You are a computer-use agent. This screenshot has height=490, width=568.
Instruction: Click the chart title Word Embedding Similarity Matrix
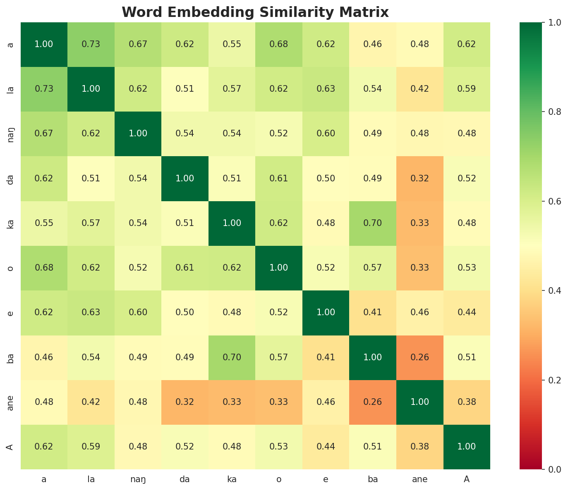click(255, 12)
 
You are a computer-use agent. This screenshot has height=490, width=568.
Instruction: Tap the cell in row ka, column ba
click(373, 223)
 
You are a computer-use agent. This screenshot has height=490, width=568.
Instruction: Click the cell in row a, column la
click(91, 44)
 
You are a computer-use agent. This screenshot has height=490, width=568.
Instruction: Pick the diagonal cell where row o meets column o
click(279, 268)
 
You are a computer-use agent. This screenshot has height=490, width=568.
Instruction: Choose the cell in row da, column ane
click(420, 178)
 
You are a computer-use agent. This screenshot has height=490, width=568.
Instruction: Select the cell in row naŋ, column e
click(326, 133)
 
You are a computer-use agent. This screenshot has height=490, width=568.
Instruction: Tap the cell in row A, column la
click(91, 447)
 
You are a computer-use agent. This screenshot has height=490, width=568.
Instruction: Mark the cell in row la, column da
click(185, 89)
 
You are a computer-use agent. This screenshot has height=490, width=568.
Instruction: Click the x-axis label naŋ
click(138, 479)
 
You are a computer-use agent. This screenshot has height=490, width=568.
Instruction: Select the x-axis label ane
click(420, 479)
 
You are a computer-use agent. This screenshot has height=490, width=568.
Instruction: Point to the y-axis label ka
click(11, 223)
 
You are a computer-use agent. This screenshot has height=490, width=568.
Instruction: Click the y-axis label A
click(11, 447)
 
